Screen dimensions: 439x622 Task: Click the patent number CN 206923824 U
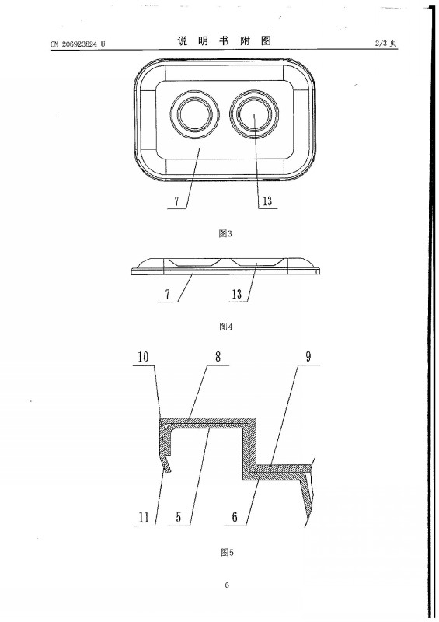[x=78, y=44]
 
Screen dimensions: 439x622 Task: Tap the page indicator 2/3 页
[x=386, y=44]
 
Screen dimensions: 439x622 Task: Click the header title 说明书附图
[x=224, y=41]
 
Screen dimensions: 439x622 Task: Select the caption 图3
[x=225, y=234]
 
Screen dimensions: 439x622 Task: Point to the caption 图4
[x=225, y=327]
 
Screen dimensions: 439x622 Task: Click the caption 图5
[x=227, y=552]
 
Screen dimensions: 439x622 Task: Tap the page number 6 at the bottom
[x=227, y=585]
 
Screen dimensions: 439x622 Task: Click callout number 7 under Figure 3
[x=176, y=201]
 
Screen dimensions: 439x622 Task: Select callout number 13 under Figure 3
[x=268, y=201]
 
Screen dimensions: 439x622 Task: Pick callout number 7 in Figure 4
[x=167, y=295]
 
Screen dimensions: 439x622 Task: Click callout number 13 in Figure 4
[x=237, y=295]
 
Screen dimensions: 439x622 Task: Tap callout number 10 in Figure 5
[x=143, y=357]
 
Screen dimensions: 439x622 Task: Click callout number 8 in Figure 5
[x=218, y=356]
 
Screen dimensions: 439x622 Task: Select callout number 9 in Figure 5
[x=308, y=356]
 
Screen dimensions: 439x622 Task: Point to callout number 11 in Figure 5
[x=144, y=517]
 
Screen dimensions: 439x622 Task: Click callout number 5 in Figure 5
[x=179, y=517]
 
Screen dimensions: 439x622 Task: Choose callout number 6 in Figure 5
[x=235, y=517]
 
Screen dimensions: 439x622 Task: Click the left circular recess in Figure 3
[x=194, y=114]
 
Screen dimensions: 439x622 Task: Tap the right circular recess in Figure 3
[x=255, y=114]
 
